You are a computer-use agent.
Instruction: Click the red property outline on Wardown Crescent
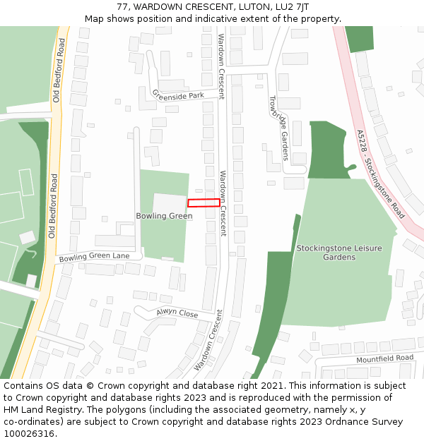204,203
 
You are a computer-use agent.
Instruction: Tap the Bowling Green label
164,216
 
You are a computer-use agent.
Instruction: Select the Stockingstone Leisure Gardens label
339,253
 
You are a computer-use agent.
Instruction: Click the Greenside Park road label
178,95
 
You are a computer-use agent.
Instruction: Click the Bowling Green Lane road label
94,258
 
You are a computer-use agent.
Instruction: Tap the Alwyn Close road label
177,313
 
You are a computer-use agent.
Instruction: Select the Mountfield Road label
385,358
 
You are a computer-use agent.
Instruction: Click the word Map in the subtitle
95,18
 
